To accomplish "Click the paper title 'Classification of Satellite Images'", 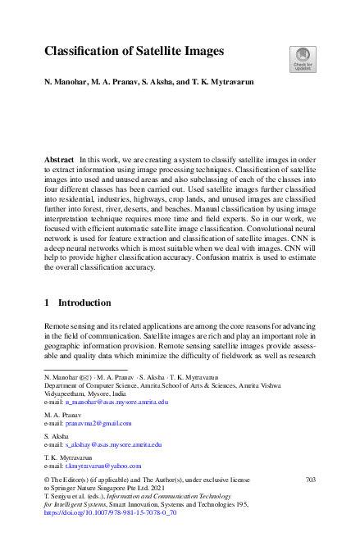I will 134,52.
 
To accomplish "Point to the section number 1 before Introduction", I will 47,303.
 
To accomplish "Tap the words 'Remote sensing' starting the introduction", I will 67,326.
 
